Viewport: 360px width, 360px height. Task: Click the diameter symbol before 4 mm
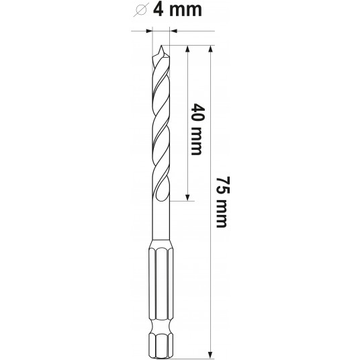click(x=142, y=10)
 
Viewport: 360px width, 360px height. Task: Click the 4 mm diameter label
click(x=177, y=10)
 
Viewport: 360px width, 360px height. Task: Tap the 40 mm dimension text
click(x=197, y=129)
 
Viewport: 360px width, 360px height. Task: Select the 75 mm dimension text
click(x=222, y=202)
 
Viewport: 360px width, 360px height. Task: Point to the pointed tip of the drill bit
click(x=162, y=46)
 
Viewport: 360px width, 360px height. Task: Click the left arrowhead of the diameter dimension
click(x=149, y=31)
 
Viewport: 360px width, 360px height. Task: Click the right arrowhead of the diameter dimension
click(x=173, y=31)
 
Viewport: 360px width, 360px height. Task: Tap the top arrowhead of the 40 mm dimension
click(x=187, y=48)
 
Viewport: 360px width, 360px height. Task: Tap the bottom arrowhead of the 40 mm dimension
click(x=187, y=197)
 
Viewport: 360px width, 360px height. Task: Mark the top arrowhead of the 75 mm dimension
click(x=210, y=48)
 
